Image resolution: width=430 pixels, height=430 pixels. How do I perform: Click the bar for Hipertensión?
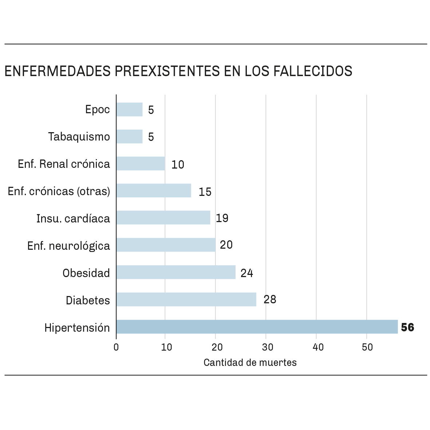[x=257, y=327]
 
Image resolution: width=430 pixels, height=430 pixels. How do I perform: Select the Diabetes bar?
[x=186, y=299]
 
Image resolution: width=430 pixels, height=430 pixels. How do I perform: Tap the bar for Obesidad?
[x=176, y=272]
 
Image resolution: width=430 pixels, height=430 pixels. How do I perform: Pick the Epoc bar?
[x=129, y=109]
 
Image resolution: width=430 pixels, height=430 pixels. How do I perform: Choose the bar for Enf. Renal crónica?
[x=141, y=163]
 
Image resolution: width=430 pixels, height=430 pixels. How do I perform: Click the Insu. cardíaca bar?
[x=163, y=218]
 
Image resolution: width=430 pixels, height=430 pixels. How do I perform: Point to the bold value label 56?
[x=407, y=327]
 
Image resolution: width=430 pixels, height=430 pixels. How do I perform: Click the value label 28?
[x=270, y=299]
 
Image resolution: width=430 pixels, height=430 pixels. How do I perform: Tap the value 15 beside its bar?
[x=205, y=192]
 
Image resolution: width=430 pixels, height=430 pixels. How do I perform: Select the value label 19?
[x=222, y=218]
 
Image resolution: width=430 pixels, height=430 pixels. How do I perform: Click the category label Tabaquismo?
[x=79, y=137]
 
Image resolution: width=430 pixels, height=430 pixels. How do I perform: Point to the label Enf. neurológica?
[x=68, y=246]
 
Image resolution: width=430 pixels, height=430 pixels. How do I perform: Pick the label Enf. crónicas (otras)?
[x=59, y=191]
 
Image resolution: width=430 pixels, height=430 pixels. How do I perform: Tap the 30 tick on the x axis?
[x=268, y=347]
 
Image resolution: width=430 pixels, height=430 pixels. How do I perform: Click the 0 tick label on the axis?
[x=116, y=347]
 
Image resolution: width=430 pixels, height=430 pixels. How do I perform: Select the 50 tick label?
[x=367, y=347]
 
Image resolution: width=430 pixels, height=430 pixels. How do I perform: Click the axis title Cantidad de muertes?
[x=250, y=363]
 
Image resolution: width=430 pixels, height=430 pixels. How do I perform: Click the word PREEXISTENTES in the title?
[x=167, y=71]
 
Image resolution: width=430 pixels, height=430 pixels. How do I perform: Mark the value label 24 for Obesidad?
[x=247, y=273]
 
